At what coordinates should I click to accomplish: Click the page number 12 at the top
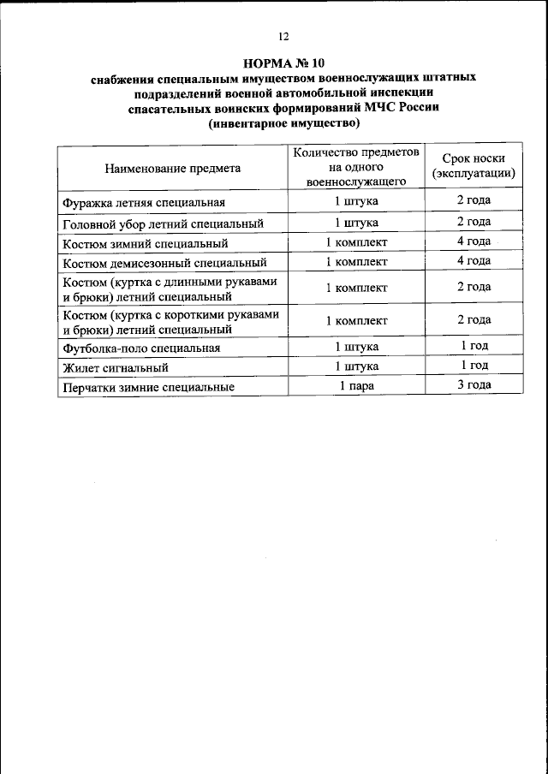(x=284, y=36)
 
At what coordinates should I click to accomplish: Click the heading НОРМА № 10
(x=284, y=63)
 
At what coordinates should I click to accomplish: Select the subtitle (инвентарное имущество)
(x=284, y=122)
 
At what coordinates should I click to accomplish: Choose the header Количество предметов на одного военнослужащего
(x=356, y=167)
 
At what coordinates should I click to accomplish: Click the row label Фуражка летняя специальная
(x=144, y=203)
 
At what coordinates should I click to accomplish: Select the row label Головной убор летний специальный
(x=161, y=223)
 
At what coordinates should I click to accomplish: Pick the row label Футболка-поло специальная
(x=142, y=348)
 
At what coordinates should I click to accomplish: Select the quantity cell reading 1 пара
(x=356, y=386)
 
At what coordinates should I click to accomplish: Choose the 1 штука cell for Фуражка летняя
(x=356, y=202)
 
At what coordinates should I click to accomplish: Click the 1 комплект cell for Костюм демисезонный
(x=356, y=261)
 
